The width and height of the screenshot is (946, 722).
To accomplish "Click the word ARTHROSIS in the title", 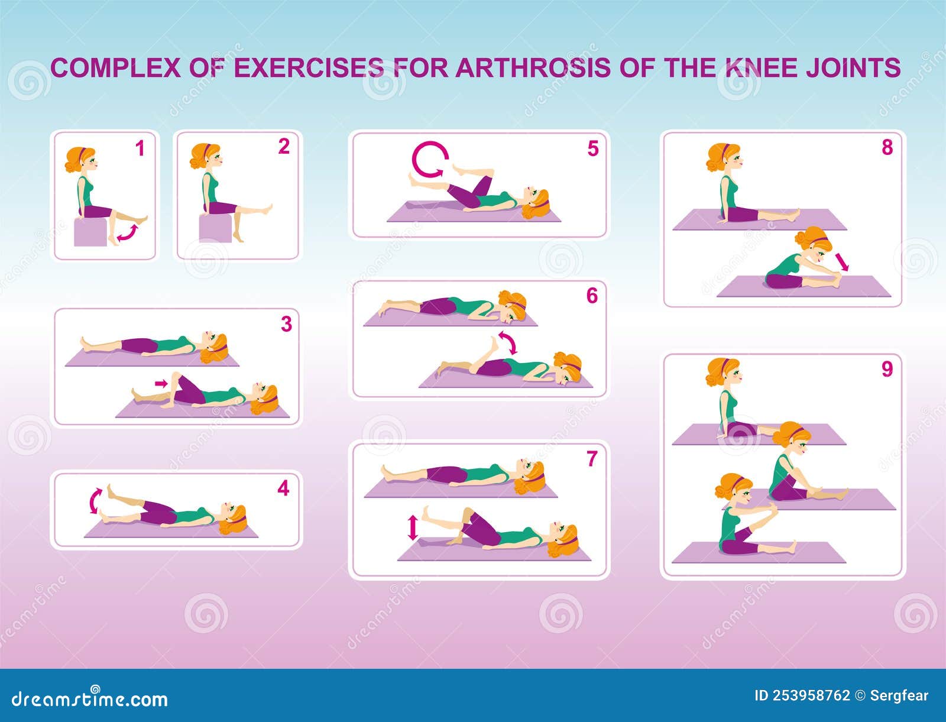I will coord(533,67).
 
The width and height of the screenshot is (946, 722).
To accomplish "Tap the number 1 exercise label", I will coord(140,148).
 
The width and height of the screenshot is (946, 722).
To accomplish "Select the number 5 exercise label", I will coord(592,149).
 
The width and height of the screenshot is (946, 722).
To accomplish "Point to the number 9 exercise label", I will coord(887,369).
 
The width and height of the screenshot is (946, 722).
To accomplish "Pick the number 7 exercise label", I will coord(592,458).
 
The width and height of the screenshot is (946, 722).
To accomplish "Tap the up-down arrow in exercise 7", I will coord(413,527).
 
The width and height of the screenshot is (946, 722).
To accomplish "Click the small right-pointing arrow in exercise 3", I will coord(160,384).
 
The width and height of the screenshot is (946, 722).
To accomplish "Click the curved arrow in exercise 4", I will coord(95,501).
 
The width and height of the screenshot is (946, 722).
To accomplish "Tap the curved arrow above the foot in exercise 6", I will coord(507,342).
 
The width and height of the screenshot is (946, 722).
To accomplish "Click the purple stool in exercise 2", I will coord(215,228).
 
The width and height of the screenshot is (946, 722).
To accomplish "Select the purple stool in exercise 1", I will coord(90,232).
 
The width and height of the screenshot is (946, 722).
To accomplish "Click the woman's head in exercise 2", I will coord(205,157).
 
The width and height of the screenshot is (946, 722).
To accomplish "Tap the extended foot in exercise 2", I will coord(267,209).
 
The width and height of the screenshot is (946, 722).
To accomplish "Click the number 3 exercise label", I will coord(286,324).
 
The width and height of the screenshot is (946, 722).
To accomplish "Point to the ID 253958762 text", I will coord(802,695).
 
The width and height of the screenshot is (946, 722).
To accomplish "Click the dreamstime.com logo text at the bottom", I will coord(90,699).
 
